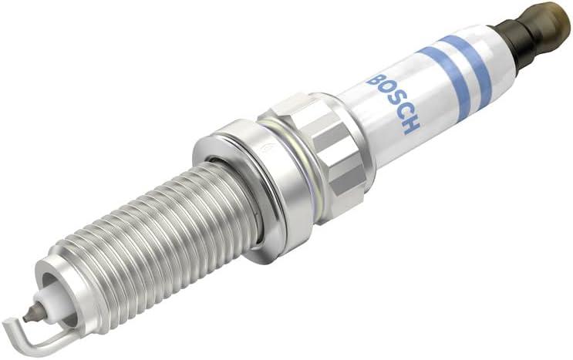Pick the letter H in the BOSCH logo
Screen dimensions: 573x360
(x=411, y=124)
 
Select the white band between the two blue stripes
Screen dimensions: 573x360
(x=455, y=76)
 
